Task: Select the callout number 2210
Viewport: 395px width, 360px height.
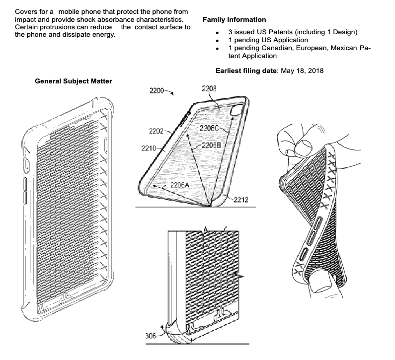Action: pyautogui.click(x=148, y=148)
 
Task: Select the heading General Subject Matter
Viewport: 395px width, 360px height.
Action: pyautogui.click(x=73, y=81)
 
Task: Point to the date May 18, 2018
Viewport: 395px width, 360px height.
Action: pyautogui.click(x=302, y=71)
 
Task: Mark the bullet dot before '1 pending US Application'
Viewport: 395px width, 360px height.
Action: pyautogui.click(x=217, y=40)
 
